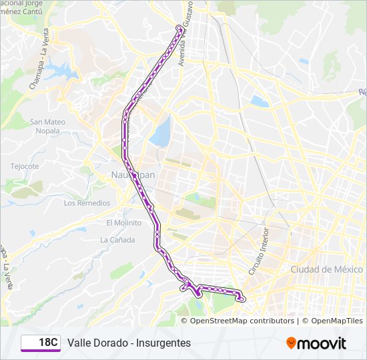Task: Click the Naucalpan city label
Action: pos(126,175)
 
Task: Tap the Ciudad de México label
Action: pos(326,269)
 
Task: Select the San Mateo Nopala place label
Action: pos(48,126)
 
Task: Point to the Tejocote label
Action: pos(25,166)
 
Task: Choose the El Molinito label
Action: pos(123,223)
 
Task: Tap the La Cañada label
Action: pos(117,240)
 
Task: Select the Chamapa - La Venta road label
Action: pos(38,67)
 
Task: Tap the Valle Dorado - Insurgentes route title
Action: pos(129,343)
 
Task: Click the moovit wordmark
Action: pos(322,343)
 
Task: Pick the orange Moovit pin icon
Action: pos(292,343)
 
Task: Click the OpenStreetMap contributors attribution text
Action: pos(242,321)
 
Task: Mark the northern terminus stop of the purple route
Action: pos(179,27)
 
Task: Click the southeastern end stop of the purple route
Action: pos(242,299)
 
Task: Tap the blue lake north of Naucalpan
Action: pos(160,133)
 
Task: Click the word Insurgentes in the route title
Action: pos(163,343)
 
